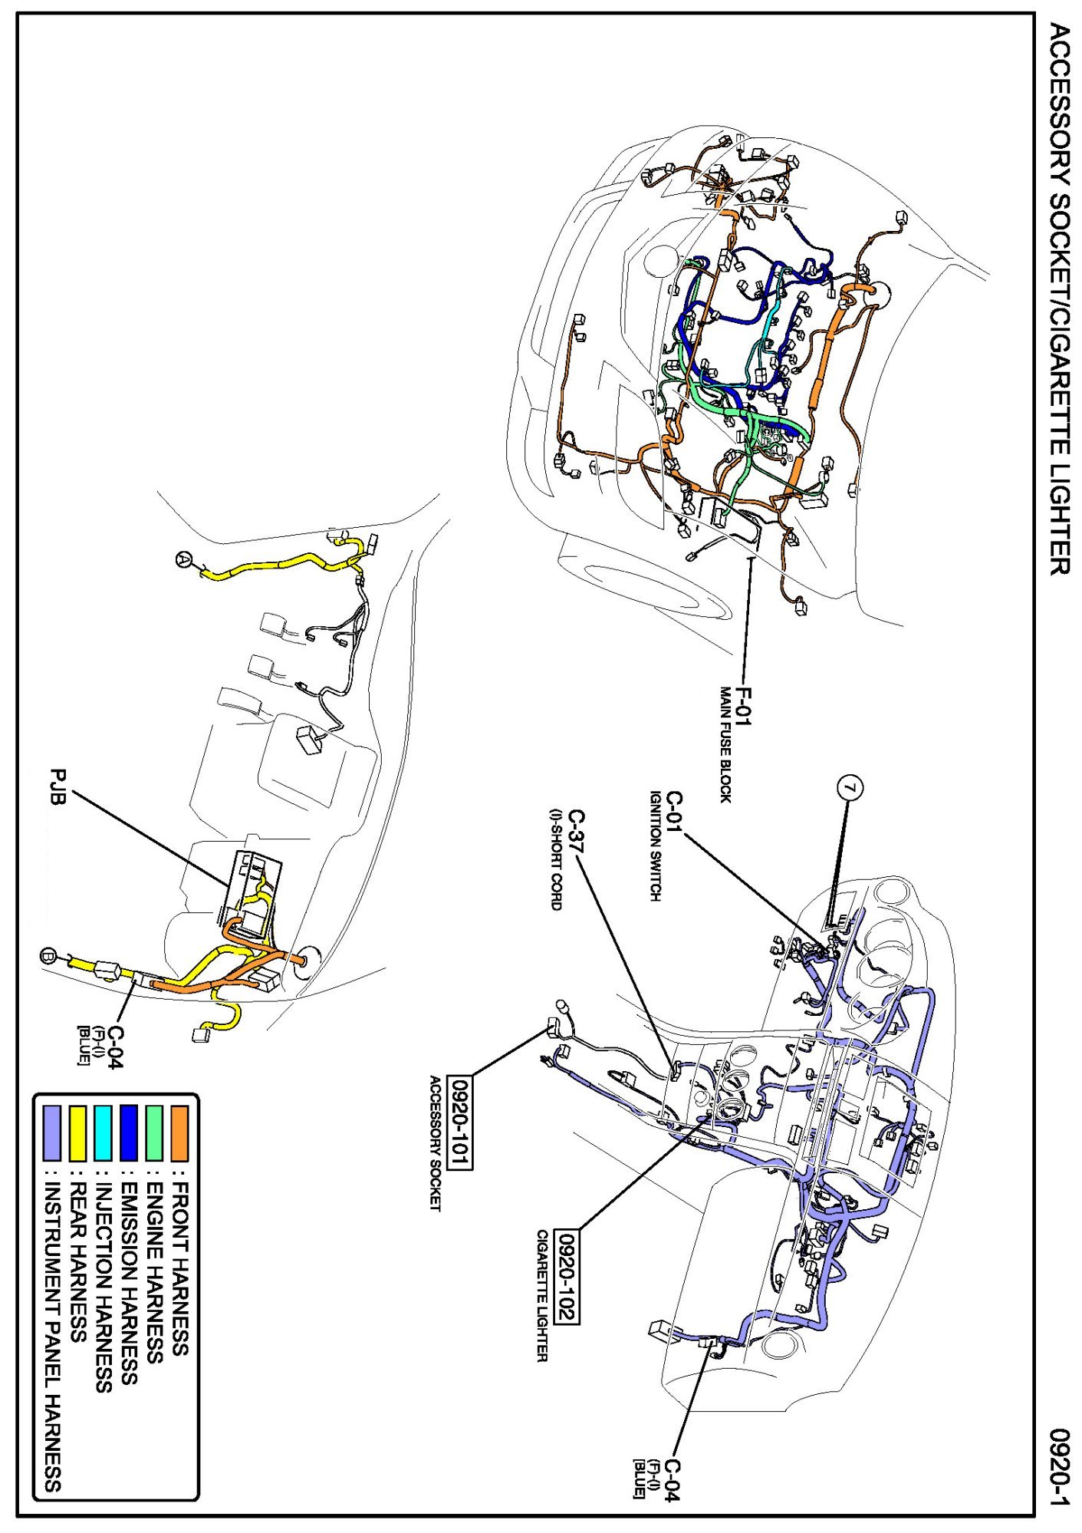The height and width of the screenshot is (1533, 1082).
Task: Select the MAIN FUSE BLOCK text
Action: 725,744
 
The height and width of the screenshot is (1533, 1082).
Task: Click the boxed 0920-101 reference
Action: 460,1123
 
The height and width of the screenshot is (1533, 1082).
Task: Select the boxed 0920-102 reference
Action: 567,1277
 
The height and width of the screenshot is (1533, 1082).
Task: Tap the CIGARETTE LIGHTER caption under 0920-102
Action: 542,1296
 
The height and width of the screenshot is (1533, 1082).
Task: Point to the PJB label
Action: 58,787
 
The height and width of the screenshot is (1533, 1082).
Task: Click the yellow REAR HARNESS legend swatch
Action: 77,1132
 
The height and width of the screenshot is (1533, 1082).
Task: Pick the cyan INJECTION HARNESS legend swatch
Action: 103,1132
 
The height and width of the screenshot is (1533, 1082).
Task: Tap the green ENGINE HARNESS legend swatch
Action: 154,1132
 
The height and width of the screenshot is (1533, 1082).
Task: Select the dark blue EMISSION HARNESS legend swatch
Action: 128,1132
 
